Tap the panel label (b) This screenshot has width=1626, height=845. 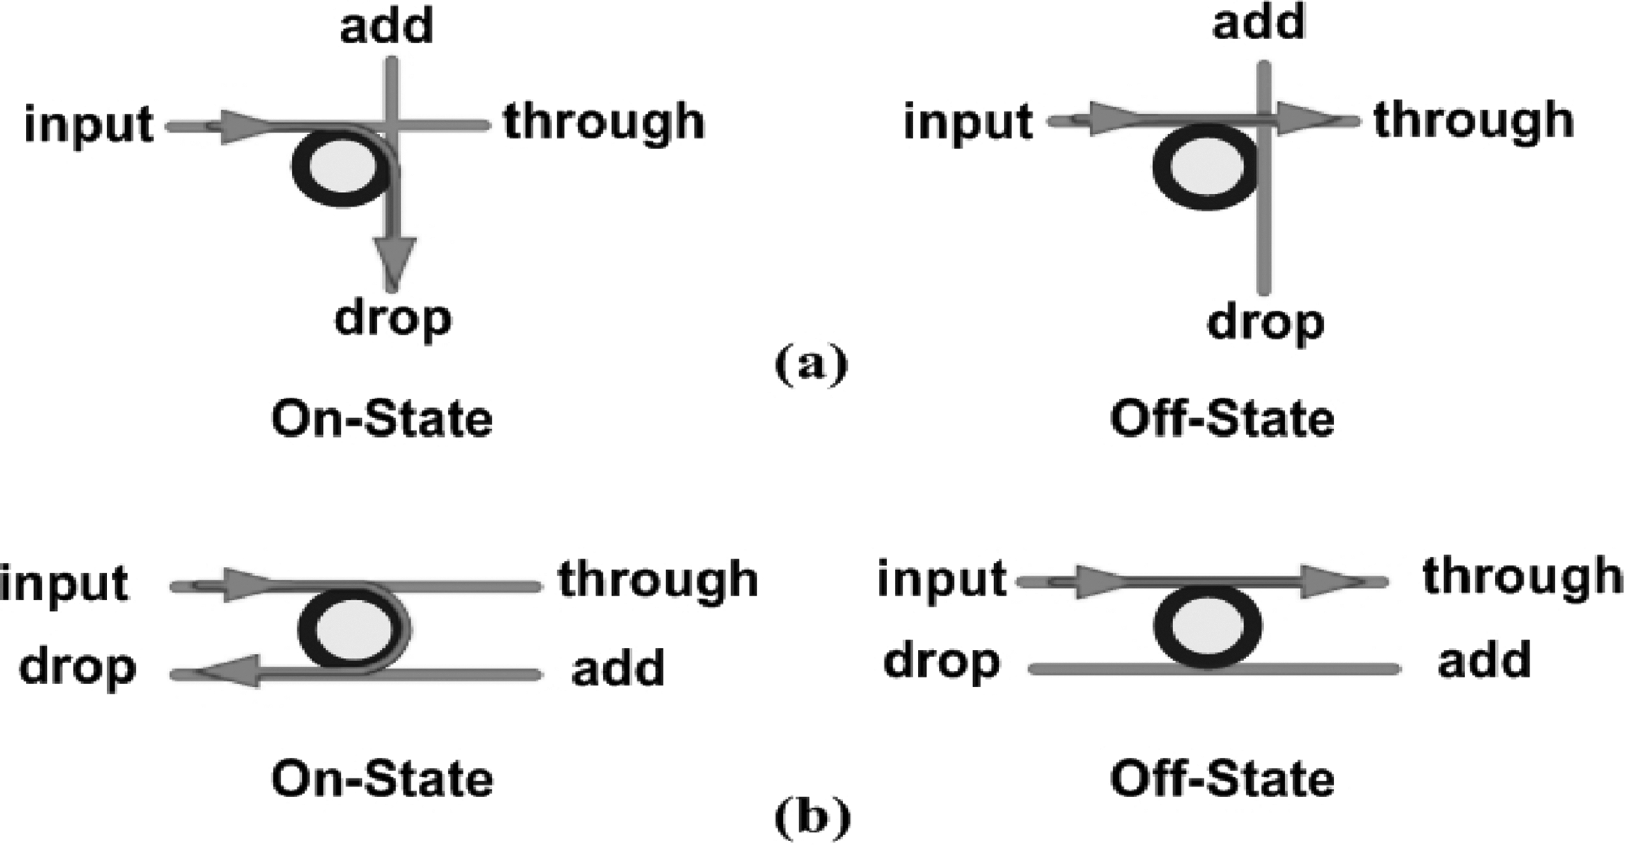pyautogui.click(x=811, y=817)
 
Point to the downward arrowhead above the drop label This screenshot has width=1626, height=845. pyautogui.click(x=394, y=260)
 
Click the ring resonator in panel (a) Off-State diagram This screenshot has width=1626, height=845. pyautogui.click(x=1204, y=167)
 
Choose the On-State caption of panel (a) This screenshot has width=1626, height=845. pyautogui.click(x=382, y=419)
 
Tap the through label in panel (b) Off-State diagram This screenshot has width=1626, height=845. pyautogui.click(x=1521, y=576)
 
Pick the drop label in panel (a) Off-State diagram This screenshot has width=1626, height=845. pyautogui.click(x=1265, y=323)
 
